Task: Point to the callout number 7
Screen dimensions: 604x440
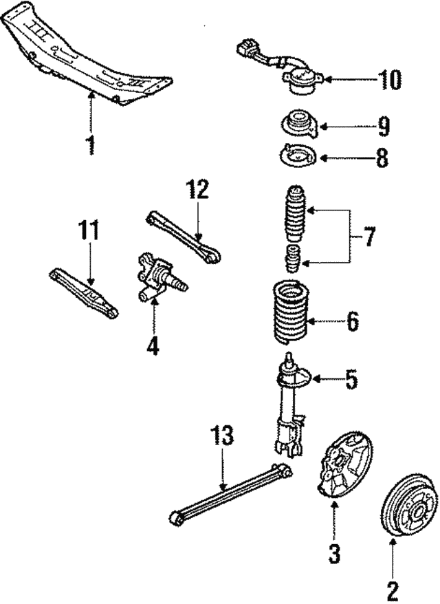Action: (369, 237)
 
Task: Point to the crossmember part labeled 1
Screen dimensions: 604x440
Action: (89, 58)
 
